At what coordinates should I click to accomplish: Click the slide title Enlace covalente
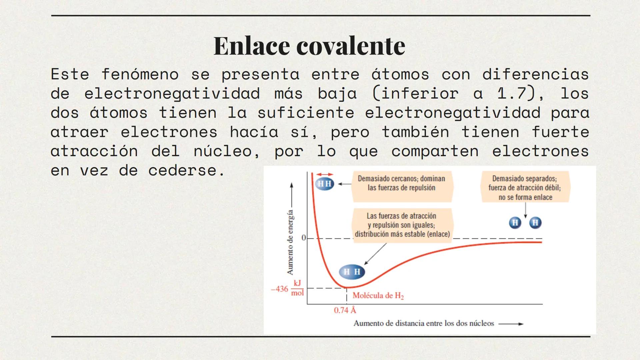pos(309,46)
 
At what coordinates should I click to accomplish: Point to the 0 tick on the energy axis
pos(303,238)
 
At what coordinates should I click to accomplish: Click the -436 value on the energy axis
pos(279,289)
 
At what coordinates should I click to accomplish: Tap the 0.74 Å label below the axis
pos(345,310)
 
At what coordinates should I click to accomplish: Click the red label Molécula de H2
pos(378,296)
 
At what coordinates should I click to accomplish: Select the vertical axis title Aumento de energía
pos(290,242)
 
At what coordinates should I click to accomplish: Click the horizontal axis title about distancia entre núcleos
pos(424,323)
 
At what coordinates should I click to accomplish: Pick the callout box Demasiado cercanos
pos(402,186)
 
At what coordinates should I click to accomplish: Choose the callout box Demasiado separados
pos(525,187)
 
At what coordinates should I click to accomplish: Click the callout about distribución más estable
pos(402,225)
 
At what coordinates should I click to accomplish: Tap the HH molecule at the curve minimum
pos(352,272)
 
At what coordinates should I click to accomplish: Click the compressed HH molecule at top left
pos(324,184)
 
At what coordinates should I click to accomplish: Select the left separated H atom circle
pos(515,223)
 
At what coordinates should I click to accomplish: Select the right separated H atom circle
pos(535,223)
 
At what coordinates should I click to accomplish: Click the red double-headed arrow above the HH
pos(325,174)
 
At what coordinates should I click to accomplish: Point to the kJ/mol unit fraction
pos(297,288)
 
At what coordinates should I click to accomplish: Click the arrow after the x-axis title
pos(511,324)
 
